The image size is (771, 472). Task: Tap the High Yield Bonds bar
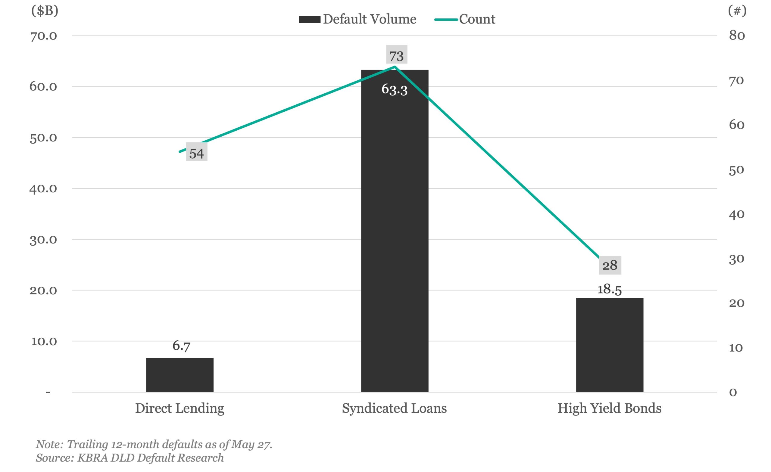(x=610, y=345)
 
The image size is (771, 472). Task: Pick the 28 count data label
(x=610, y=265)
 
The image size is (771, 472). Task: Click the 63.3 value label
(x=394, y=90)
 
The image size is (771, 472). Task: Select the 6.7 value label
(x=181, y=346)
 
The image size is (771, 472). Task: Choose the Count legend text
(x=477, y=19)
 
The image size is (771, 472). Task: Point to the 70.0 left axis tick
(x=43, y=36)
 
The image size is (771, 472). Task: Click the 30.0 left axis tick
(x=43, y=240)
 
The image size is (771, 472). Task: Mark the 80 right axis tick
(x=737, y=36)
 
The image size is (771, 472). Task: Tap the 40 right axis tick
(x=737, y=215)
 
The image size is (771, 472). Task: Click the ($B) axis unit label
(x=45, y=11)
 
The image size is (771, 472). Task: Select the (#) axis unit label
(x=737, y=11)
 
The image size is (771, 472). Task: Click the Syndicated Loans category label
(x=394, y=408)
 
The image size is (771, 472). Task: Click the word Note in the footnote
(x=49, y=445)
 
